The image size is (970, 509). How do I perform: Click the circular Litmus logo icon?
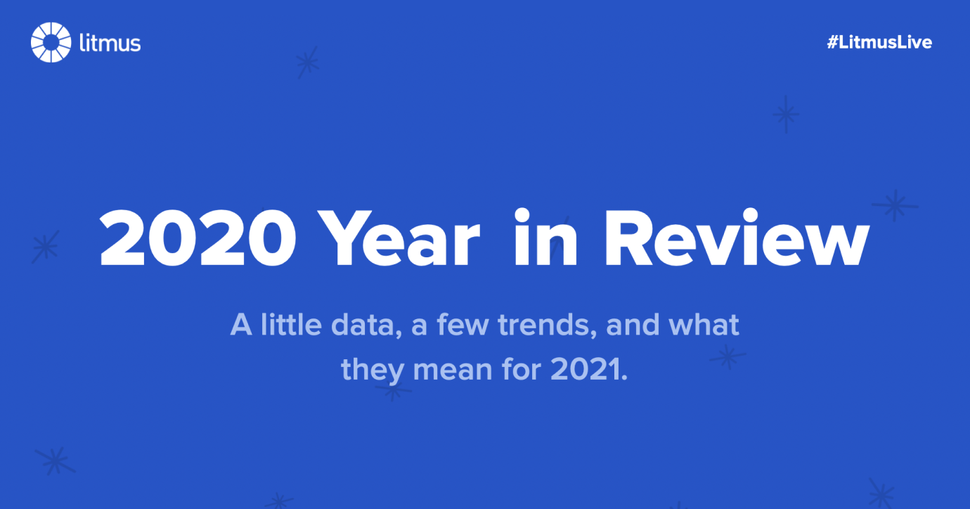click(51, 42)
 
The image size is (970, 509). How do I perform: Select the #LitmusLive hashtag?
click(879, 42)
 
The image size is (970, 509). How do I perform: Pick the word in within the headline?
click(545, 239)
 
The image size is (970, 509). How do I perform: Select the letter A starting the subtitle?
click(241, 326)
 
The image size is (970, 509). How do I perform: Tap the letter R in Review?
click(628, 239)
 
